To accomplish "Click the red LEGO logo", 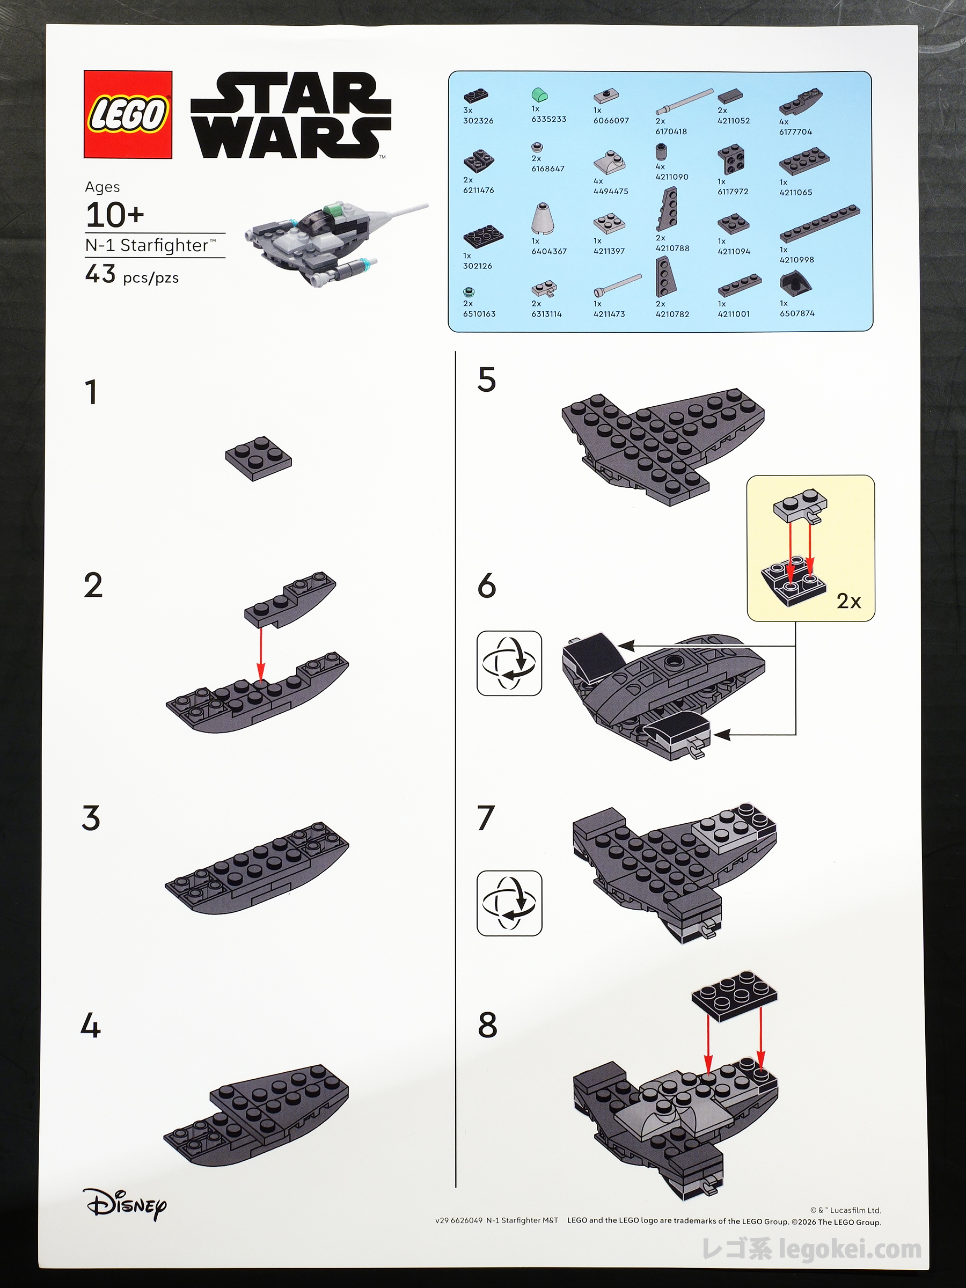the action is tap(128, 114).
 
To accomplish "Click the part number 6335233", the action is tap(548, 119).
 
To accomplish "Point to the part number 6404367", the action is tap(548, 252).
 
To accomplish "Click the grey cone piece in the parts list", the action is tap(543, 219).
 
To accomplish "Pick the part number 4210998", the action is tap(797, 260).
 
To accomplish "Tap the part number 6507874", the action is tap(797, 313).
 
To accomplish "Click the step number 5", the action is tap(486, 379).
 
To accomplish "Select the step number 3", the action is tap(91, 817).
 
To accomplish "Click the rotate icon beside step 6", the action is tap(509, 663).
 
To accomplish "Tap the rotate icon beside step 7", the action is tap(509, 903).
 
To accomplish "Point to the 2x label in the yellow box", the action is tap(848, 601).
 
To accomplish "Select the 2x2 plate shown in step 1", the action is tap(259, 458).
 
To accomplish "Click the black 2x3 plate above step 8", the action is tap(734, 998).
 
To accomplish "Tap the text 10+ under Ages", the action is tap(115, 215).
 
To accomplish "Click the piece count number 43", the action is tap(100, 274).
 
